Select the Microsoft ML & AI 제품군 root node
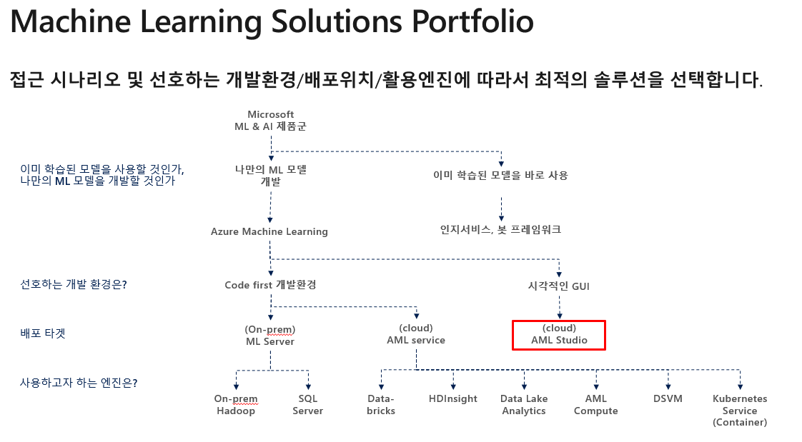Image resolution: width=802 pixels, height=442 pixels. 271,121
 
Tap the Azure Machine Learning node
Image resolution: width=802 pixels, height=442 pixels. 269,231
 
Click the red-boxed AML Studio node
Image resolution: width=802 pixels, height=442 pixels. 559,335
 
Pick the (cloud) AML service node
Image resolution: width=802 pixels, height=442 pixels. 416,334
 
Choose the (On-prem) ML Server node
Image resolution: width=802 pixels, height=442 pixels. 270,335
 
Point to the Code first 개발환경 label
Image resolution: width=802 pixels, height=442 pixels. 271,285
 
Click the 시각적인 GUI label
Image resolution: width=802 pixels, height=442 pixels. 558,286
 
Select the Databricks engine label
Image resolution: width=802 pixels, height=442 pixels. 381,405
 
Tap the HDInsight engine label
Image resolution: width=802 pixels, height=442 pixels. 453,398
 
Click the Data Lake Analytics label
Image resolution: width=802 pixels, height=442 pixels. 524,405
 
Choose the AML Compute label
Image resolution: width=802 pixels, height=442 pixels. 596,405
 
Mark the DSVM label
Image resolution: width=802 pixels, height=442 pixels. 668,398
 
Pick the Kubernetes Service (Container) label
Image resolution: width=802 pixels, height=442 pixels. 740,411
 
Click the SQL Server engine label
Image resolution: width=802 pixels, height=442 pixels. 308,405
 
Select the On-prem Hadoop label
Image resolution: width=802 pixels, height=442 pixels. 236,405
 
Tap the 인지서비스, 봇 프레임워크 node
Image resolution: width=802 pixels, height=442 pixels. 501,229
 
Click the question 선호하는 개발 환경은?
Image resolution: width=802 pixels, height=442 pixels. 73,284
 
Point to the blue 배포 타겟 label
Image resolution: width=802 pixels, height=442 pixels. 43,333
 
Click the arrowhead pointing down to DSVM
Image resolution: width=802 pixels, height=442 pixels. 668,387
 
